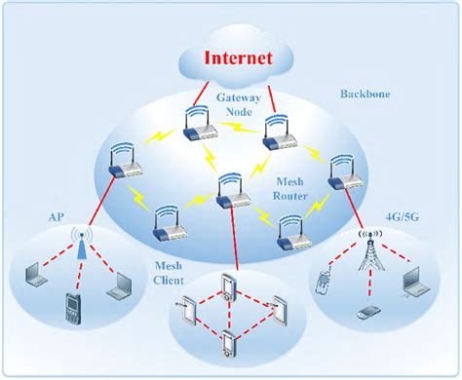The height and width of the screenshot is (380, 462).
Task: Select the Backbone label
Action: (363, 94)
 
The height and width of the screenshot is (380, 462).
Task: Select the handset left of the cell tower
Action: (325, 282)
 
